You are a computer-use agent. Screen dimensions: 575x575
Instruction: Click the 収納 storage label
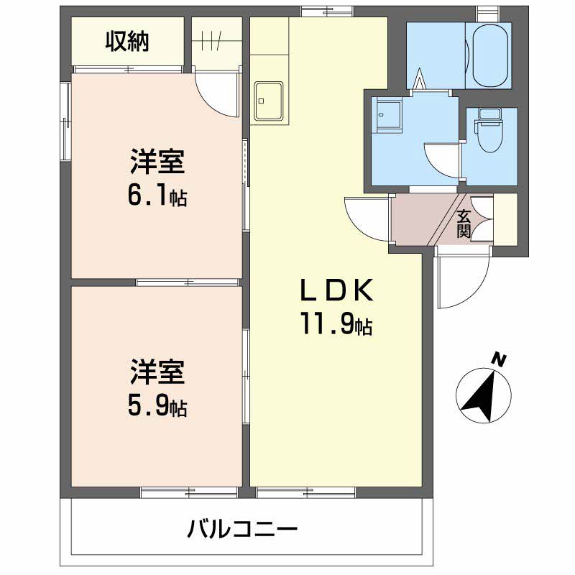(127, 42)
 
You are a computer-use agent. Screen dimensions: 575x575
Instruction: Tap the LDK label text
(337, 290)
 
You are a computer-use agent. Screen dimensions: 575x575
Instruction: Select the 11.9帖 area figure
(336, 323)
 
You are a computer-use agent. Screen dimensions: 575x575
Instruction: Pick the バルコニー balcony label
(242, 530)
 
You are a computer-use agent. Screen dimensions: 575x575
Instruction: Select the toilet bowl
(490, 132)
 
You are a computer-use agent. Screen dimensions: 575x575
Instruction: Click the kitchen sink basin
(269, 101)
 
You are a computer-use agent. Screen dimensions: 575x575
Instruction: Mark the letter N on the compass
(498, 360)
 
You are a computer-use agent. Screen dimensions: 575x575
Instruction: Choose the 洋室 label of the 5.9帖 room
(157, 372)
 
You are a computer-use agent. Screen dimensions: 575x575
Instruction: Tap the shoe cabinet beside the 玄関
(505, 219)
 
